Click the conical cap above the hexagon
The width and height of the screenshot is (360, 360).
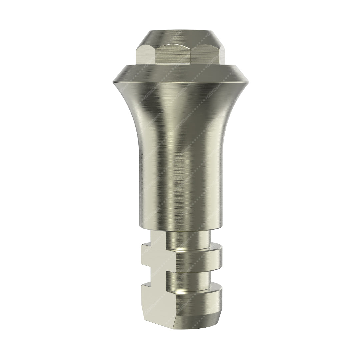pos(180,37)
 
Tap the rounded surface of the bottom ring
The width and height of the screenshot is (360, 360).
pos(200,300)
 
